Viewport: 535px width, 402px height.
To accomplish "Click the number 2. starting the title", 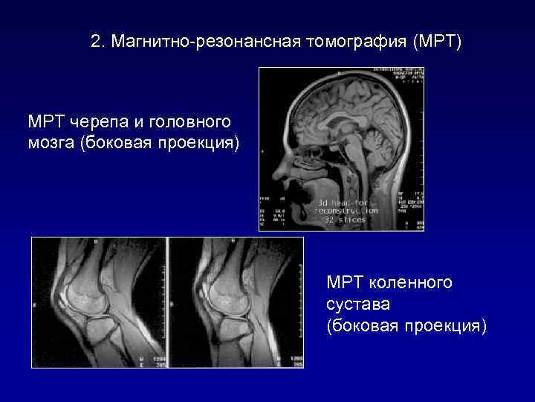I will [98, 42].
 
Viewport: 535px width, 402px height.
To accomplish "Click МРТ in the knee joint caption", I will [343, 283].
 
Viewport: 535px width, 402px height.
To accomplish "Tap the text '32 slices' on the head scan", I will [344, 220].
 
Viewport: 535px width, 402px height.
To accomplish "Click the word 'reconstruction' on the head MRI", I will [346, 211].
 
